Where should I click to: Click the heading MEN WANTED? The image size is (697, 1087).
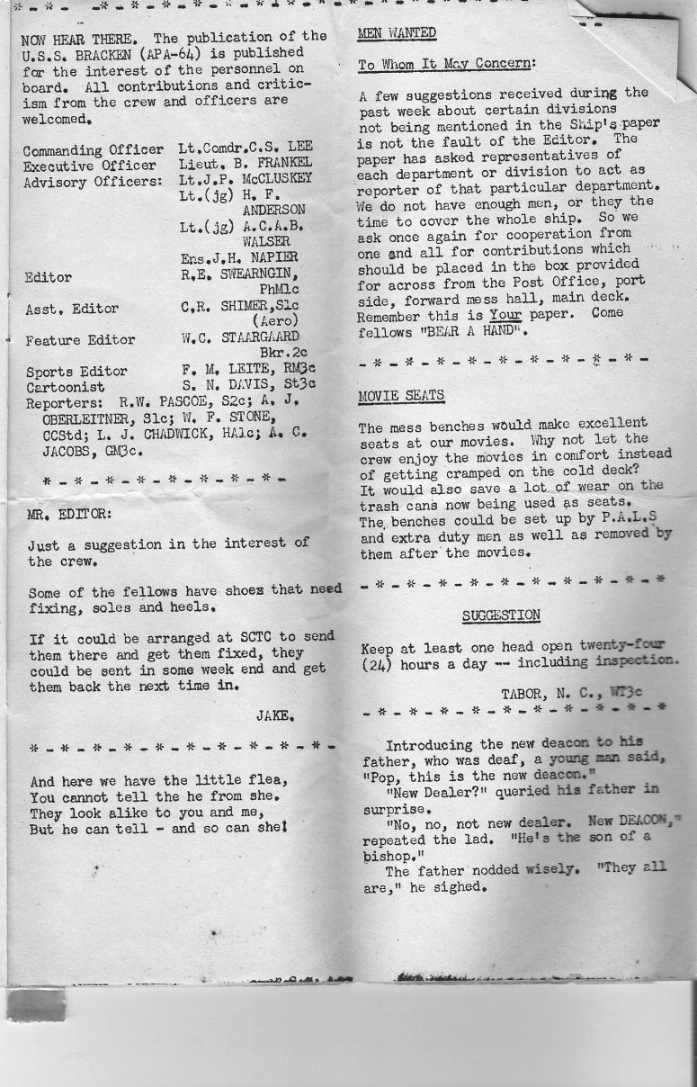click(x=397, y=33)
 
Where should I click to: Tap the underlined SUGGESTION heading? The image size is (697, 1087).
click(x=501, y=615)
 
